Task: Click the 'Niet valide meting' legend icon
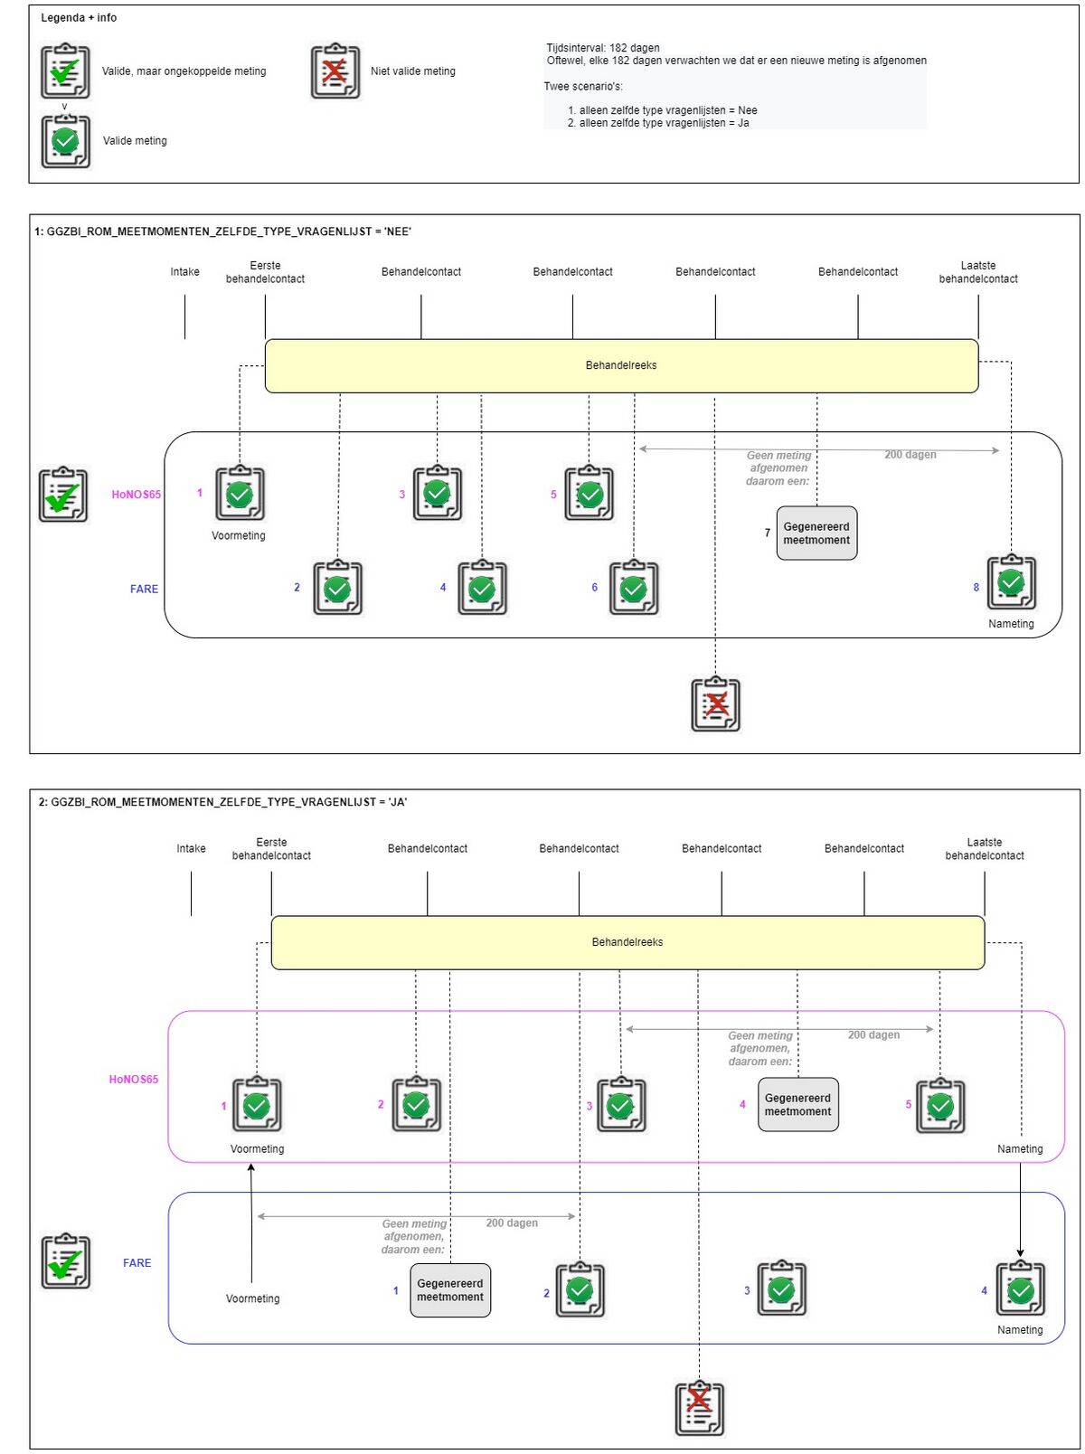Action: pos(335,71)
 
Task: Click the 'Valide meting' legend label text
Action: pos(135,141)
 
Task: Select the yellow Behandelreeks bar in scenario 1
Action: pos(621,365)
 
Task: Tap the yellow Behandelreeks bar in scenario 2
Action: pos(627,942)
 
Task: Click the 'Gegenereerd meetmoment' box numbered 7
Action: pos(816,533)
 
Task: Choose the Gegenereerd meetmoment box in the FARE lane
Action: pos(450,1290)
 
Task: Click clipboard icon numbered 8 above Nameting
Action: pos(1011,583)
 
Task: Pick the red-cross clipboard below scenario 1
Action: pos(716,704)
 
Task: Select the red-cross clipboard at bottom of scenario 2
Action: pos(700,1408)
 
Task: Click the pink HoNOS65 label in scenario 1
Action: pos(137,495)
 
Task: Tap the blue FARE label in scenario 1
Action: pos(144,589)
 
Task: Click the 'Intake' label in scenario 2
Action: pos(191,848)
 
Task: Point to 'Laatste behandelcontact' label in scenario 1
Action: pos(978,272)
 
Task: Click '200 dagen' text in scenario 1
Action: pos(910,455)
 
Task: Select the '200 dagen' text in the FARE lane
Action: pos(512,1223)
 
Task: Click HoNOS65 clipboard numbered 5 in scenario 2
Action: pos(940,1105)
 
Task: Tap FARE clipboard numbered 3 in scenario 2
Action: pos(781,1289)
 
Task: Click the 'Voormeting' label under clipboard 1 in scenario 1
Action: pos(239,535)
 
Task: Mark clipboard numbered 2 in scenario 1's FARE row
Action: pos(337,589)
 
